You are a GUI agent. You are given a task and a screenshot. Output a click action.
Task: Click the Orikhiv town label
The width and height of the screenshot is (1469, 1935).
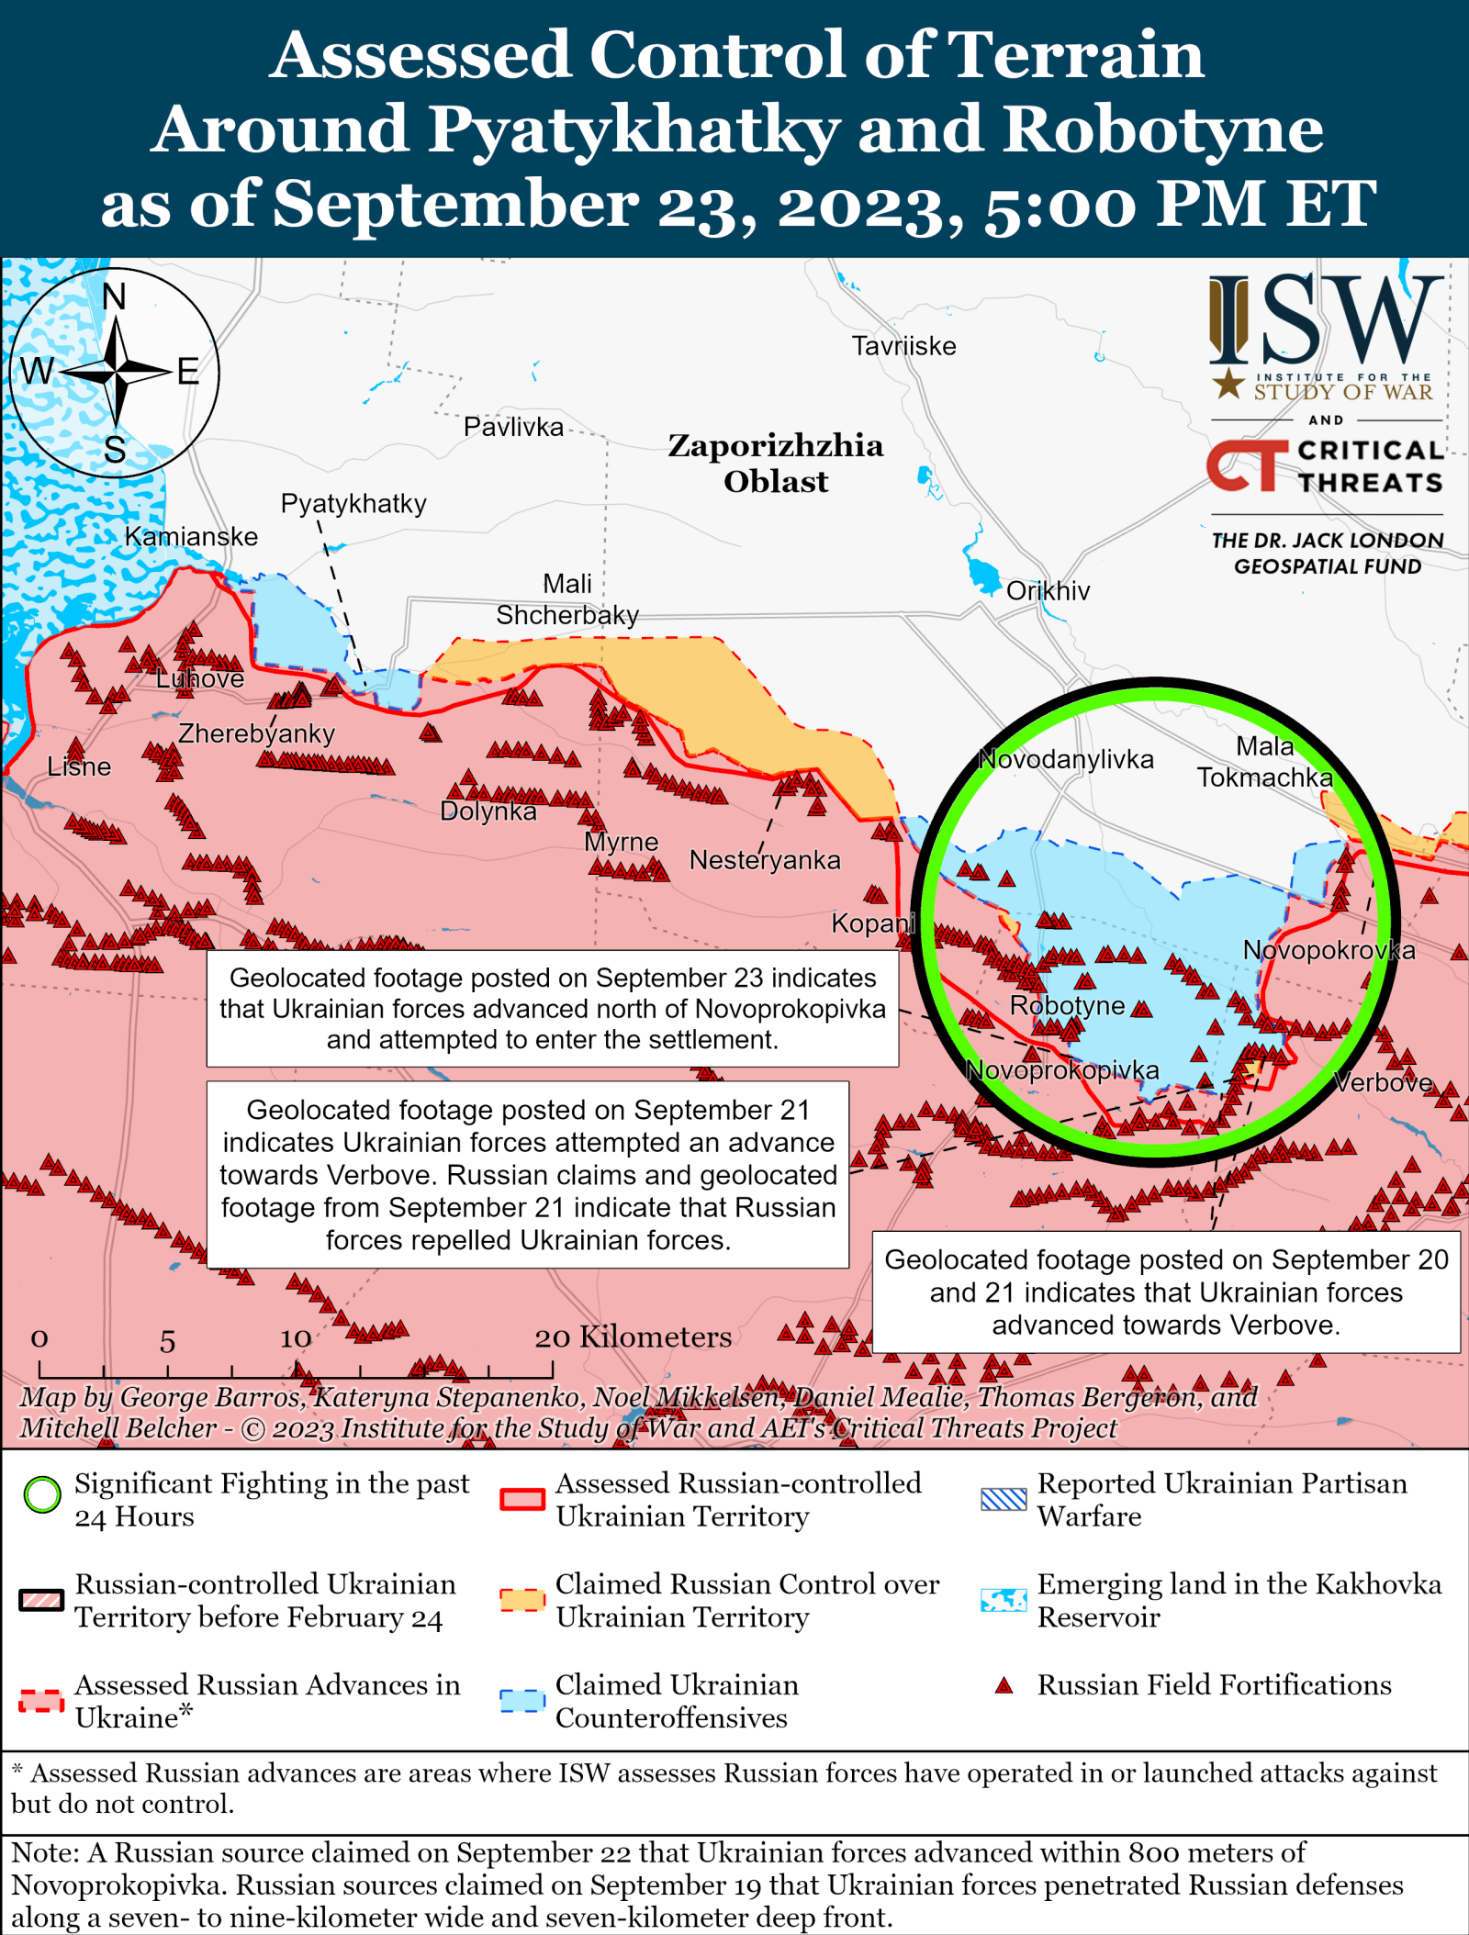(x=1048, y=590)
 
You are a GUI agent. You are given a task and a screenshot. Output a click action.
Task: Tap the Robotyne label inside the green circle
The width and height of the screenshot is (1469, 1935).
(x=1067, y=1005)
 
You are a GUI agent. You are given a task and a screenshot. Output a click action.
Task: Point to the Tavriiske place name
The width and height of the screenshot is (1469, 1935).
(x=903, y=346)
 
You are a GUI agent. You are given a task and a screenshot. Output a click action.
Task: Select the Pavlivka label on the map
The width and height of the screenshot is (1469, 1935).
(x=513, y=427)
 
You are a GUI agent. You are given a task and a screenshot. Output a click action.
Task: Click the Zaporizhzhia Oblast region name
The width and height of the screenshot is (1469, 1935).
(x=776, y=463)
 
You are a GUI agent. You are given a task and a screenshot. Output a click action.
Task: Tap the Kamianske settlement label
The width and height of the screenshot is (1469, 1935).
(x=191, y=536)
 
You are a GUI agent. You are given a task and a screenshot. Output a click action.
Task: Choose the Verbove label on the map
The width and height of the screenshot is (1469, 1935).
(x=1383, y=1082)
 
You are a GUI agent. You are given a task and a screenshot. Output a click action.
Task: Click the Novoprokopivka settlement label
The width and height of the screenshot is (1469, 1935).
(x=1062, y=1070)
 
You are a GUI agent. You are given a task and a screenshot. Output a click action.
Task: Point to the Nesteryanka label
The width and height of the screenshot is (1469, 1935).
(x=765, y=860)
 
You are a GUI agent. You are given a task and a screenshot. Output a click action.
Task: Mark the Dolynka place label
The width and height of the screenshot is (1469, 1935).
(x=488, y=811)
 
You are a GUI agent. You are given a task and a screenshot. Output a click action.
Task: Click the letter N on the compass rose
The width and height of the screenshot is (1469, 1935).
(x=114, y=296)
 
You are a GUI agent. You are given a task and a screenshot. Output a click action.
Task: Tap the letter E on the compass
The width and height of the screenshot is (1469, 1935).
(x=188, y=372)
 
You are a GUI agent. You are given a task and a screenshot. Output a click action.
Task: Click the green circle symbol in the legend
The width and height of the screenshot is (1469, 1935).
(x=42, y=1494)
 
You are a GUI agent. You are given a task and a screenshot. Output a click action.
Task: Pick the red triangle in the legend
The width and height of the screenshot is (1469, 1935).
(x=1004, y=1685)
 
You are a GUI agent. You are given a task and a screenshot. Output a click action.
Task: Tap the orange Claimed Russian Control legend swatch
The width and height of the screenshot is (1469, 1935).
(x=522, y=1599)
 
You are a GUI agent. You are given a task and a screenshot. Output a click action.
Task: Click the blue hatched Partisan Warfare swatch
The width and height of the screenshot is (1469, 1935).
(x=1004, y=1498)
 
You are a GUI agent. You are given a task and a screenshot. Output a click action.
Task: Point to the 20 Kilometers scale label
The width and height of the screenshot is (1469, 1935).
(x=634, y=1337)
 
